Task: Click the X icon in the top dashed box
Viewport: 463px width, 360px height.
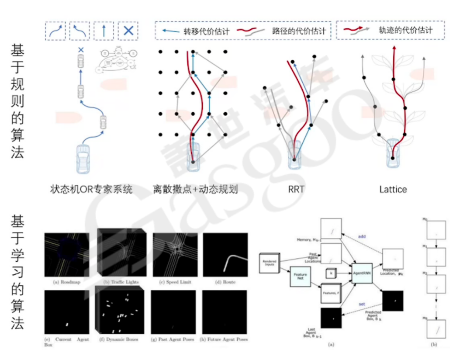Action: (x=128, y=31)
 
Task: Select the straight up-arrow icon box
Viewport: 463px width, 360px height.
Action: (x=104, y=31)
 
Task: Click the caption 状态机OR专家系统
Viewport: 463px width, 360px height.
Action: (x=91, y=189)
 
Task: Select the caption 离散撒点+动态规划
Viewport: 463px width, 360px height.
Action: (x=195, y=189)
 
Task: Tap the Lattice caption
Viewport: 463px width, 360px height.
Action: (x=393, y=189)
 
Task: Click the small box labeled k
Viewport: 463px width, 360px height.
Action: (x=331, y=273)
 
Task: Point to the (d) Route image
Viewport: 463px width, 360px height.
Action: (x=225, y=255)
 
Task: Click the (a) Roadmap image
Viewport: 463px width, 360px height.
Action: (x=67, y=255)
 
